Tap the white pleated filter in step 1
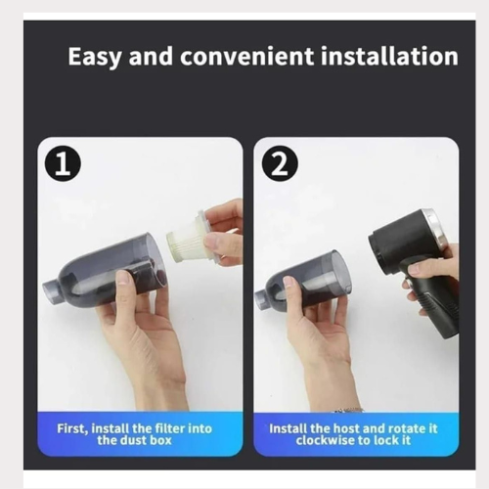189,236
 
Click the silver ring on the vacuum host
438,234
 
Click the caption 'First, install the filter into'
140,428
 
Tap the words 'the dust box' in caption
140,441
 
